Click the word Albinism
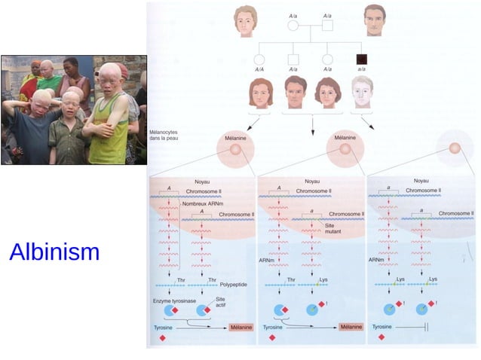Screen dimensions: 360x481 click(x=54, y=252)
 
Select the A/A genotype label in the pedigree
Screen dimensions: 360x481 click(x=260, y=69)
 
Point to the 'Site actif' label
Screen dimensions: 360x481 click(x=220, y=301)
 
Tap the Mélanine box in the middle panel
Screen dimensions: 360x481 click(x=351, y=328)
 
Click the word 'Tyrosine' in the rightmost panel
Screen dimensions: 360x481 click(x=382, y=328)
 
